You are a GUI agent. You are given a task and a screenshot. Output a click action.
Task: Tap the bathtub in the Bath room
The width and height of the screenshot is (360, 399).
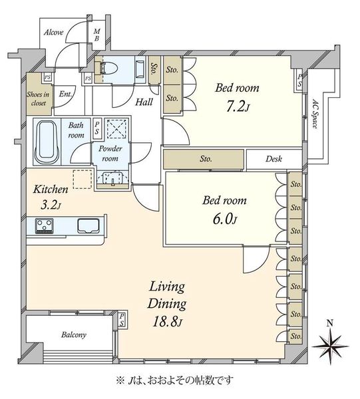coord(47,142)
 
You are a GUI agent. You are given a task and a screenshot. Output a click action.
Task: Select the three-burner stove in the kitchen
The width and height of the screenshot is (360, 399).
coord(45,225)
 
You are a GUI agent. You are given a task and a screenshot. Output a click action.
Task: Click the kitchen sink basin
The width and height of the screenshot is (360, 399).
coord(88,225)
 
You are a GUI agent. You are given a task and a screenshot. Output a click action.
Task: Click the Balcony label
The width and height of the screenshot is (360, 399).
coord(74,334)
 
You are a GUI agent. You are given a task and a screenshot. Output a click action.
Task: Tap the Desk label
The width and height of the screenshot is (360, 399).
coord(273,159)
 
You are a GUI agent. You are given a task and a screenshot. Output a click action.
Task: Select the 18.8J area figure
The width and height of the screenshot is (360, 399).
coord(167,322)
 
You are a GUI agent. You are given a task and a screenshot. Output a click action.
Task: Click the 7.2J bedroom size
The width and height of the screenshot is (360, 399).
coord(237,106)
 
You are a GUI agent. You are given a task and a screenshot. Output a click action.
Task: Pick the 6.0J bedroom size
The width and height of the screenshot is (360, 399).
coord(225,219)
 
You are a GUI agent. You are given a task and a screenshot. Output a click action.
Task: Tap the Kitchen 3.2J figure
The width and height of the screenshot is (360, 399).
coord(51,205)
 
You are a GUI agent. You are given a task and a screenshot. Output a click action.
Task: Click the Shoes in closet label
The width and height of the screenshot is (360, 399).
coord(38,98)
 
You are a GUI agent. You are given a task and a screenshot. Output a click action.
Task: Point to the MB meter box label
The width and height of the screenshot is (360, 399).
coord(96,35)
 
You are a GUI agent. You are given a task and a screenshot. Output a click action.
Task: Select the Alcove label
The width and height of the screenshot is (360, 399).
coord(53,33)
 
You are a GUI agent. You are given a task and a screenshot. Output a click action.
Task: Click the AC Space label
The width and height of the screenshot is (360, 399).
coord(315,114)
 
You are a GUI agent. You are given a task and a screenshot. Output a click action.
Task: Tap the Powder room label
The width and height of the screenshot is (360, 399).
coord(110,154)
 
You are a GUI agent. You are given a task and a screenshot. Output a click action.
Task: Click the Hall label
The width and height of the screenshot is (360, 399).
coord(144,102)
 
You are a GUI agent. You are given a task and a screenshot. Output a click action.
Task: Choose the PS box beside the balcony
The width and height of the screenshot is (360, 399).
coord(122,320)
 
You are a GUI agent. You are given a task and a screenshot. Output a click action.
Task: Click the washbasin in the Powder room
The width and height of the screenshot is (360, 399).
coord(112,178)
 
